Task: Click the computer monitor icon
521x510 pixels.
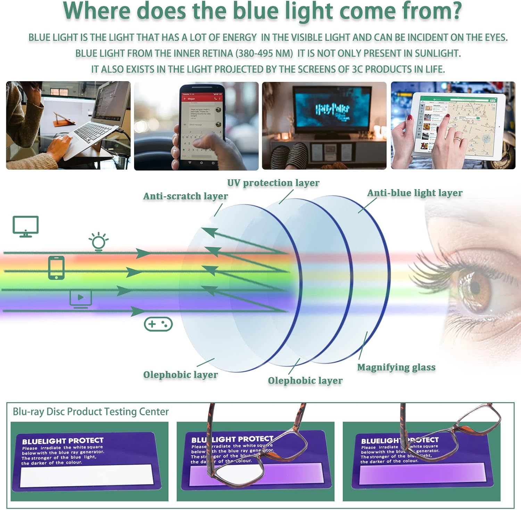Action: (x=25, y=226)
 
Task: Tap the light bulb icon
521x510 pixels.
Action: (x=99, y=241)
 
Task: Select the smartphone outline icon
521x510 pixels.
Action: (x=56, y=267)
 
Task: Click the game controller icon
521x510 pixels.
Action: (x=158, y=324)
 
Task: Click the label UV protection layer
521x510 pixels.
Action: (x=273, y=183)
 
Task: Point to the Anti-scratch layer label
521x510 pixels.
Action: (x=185, y=196)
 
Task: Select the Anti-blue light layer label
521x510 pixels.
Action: (x=415, y=193)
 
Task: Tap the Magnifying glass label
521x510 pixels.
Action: (x=396, y=367)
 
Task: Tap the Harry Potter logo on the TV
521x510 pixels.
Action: (x=332, y=110)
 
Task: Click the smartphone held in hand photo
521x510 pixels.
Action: (x=201, y=125)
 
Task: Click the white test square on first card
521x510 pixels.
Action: (x=86, y=475)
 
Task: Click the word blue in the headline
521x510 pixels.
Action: (x=255, y=11)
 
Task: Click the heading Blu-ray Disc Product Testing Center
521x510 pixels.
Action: (x=91, y=412)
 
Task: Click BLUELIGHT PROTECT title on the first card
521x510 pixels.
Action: (x=63, y=441)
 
